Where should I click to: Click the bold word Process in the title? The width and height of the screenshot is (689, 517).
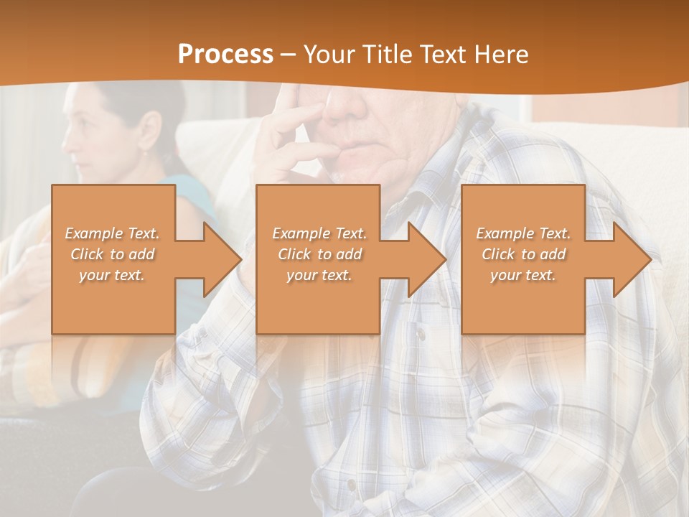point(225,55)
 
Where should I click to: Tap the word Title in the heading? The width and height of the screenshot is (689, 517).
point(386,55)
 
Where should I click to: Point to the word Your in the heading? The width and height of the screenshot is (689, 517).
point(330,55)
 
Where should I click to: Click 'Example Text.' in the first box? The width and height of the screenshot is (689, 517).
point(112,233)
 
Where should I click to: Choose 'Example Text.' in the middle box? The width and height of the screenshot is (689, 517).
point(319,233)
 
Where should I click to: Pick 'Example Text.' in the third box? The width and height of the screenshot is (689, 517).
point(523,233)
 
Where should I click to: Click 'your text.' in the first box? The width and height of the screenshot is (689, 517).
point(112,275)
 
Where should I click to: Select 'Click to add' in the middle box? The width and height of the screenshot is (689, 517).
point(319,254)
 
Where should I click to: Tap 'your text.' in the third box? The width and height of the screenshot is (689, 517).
point(523,275)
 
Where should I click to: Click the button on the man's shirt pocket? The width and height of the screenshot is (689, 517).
point(421,335)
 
